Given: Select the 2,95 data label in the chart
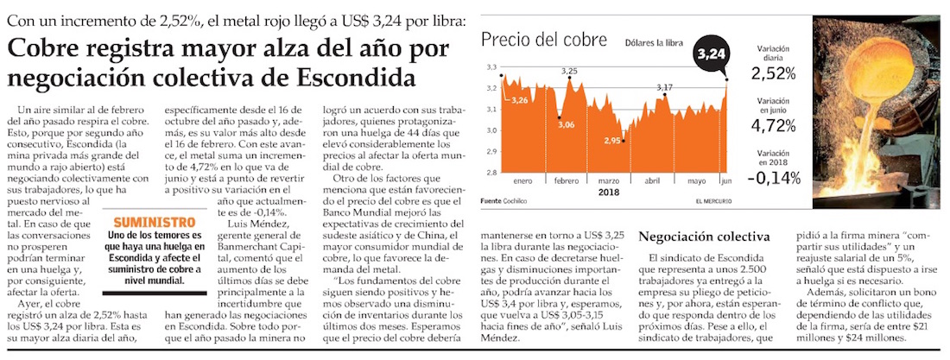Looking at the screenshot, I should [612, 140].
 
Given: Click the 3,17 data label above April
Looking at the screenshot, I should [664, 88].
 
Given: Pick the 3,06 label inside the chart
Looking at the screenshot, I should [567, 125].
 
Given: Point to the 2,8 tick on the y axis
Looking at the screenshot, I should [491, 173].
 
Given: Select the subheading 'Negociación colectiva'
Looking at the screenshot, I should [703, 237].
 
